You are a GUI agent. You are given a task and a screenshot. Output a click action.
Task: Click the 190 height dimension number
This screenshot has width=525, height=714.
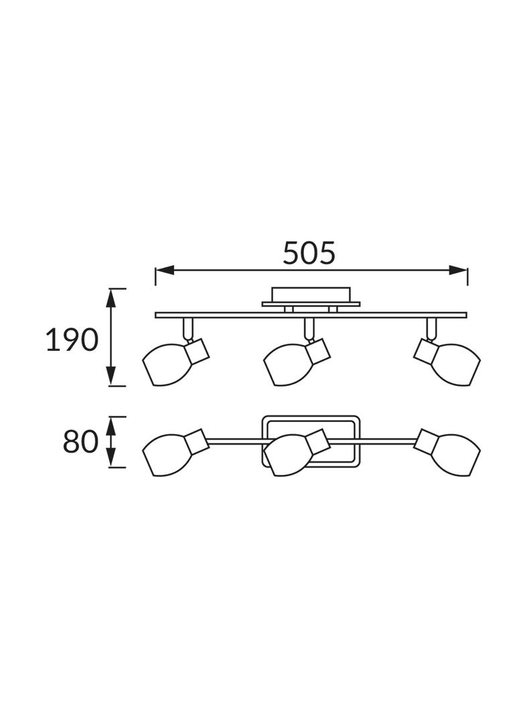click(x=72, y=340)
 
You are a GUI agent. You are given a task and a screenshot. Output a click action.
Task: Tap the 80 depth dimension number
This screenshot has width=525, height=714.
click(x=80, y=441)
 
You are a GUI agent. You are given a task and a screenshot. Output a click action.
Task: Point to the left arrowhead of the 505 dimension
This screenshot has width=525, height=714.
click(x=165, y=271)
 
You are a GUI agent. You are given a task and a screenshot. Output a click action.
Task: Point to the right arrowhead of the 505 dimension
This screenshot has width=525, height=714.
click(x=458, y=271)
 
